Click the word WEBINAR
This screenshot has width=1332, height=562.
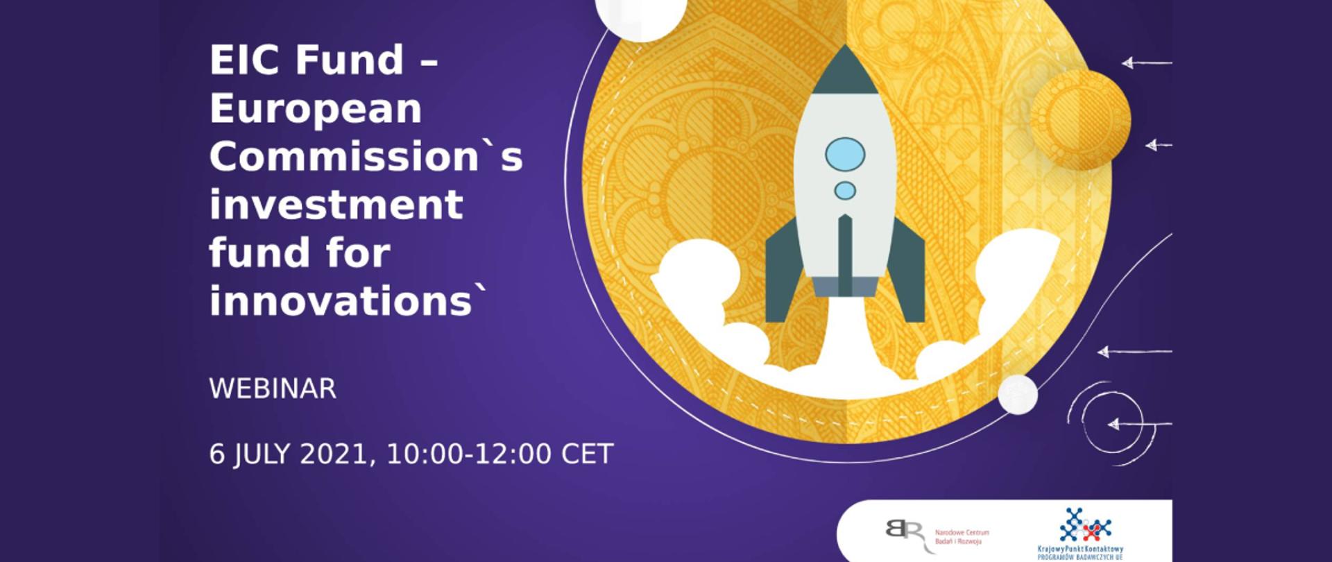click(x=273, y=389)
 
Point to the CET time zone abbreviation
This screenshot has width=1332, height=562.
click(x=587, y=454)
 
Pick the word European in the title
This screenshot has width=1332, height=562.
click(x=316, y=109)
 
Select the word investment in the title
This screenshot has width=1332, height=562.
click(x=336, y=205)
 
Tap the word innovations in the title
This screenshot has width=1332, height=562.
click(x=341, y=301)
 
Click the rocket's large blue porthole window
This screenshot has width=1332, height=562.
click(x=844, y=154)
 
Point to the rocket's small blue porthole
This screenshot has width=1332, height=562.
click(x=844, y=190)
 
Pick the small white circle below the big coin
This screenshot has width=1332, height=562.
click(x=1017, y=394)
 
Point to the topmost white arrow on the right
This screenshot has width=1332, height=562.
click(x=1146, y=63)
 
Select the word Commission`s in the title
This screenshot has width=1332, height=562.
click(x=366, y=157)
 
